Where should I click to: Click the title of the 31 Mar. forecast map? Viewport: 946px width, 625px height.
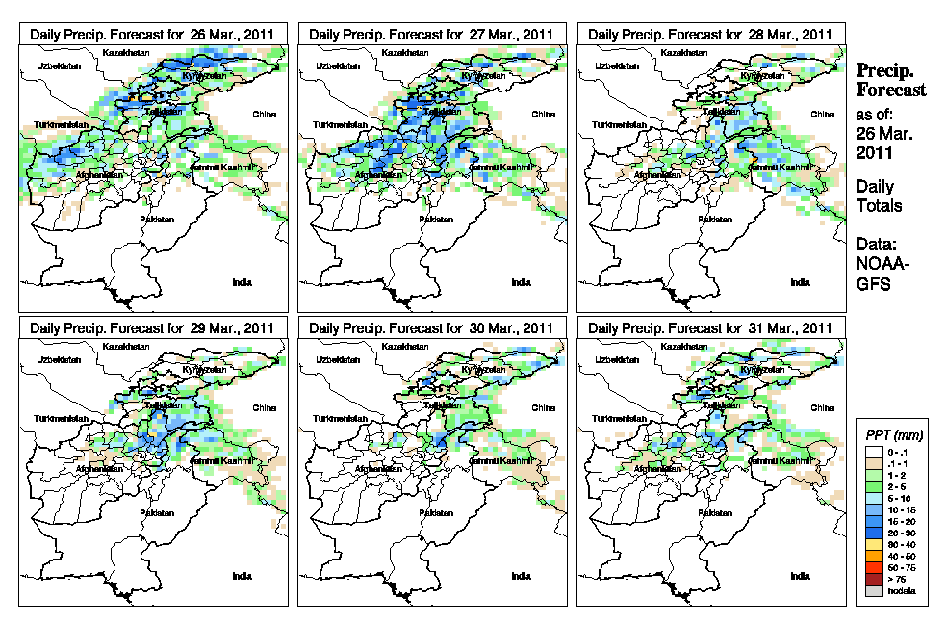[710, 328]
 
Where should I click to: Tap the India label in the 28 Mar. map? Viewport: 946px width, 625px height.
[800, 282]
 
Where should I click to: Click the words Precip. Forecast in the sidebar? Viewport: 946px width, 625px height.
[891, 81]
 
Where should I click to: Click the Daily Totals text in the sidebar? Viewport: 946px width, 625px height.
[878, 196]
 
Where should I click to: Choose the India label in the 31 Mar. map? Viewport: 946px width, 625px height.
[800, 577]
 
